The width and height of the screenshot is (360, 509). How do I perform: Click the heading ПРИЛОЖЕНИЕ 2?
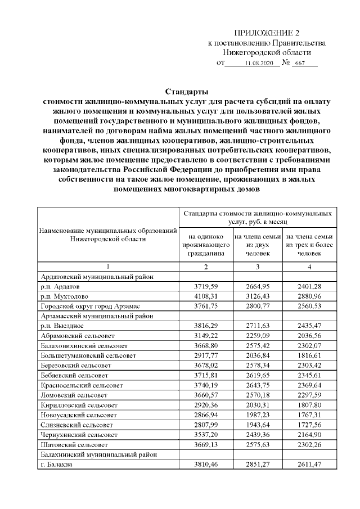tap(267, 33)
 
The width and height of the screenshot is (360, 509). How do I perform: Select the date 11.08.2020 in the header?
tap(259, 64)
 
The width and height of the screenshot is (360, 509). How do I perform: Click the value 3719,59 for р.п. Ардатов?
tap(206, 287)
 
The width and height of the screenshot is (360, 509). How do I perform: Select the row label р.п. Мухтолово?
tap(64, 296)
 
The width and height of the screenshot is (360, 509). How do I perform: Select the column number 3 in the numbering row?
tap(258, 266)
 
